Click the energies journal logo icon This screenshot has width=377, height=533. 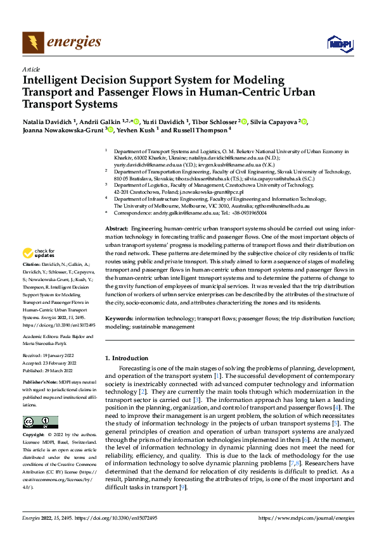33,42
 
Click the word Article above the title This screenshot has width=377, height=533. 31,69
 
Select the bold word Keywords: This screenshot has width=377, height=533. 119,319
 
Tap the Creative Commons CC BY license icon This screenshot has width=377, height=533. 41,422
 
